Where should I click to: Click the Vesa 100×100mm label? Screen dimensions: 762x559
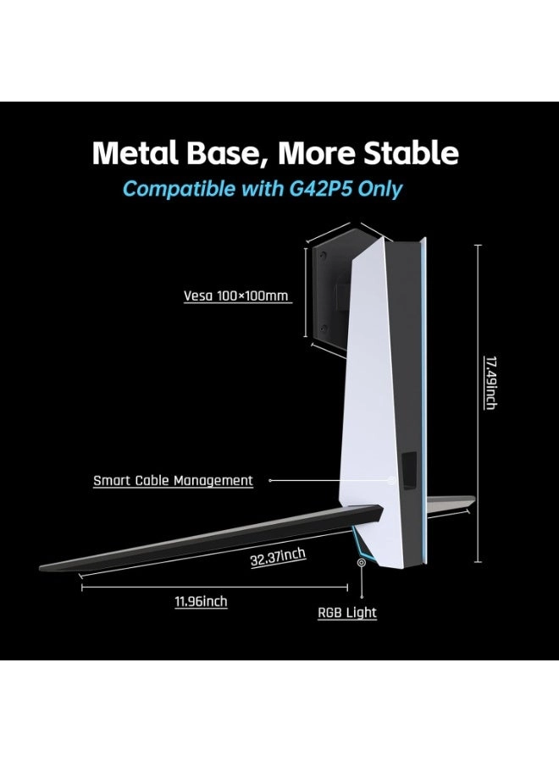pos(236,296)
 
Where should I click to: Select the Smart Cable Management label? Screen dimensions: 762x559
pos(173,481)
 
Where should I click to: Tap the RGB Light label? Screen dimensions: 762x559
pos(347,612)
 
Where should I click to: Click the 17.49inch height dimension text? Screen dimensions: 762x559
pos(490,383)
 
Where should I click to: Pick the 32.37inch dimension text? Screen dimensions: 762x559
pos(278,559)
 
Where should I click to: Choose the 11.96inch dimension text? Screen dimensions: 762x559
pos(201,602)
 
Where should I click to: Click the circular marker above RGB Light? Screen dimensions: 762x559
pos(362,562)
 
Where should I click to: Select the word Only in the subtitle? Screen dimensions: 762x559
pos(381,188)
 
